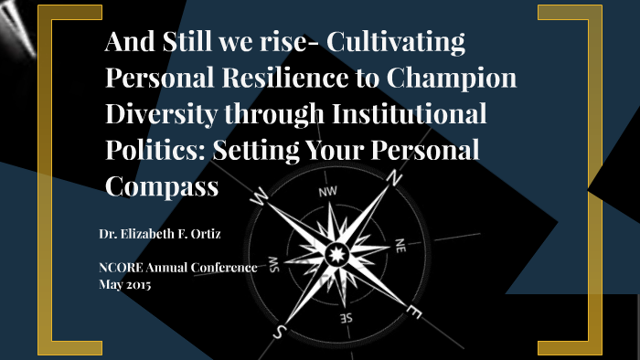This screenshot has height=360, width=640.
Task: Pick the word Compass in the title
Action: [162, 185]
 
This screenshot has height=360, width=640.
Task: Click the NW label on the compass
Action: [327, 193]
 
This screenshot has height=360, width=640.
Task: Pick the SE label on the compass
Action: [347, 318]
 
